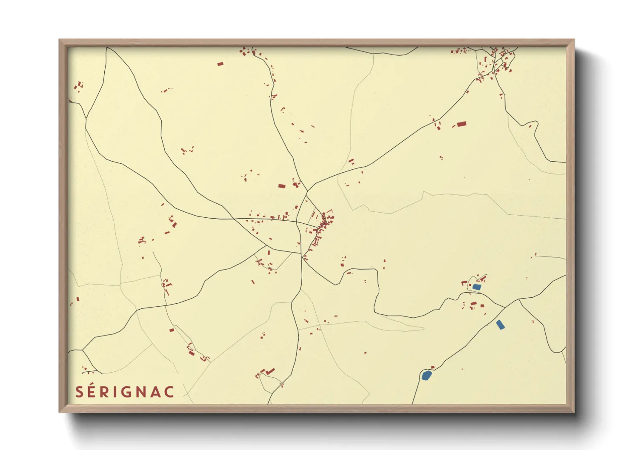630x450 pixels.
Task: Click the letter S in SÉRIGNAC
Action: [x=79, y=392]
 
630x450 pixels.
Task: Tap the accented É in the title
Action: [x=92, y=391]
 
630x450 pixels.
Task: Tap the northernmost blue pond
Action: [x=477, y=287]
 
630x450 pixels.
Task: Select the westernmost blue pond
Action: [x=427, y=375]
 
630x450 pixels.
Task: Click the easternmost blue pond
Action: [x=500, y=325]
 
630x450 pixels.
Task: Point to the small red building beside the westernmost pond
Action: [x=433, y=367]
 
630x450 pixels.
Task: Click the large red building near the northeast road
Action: [x=461, y=124]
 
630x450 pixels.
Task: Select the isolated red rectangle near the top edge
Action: [x=220, y=64]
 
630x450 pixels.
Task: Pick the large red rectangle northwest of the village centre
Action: [x=281, y=186]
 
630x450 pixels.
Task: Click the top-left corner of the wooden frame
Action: [x=60, y=40]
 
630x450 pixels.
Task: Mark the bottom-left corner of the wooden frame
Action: [x=60, y=411]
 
